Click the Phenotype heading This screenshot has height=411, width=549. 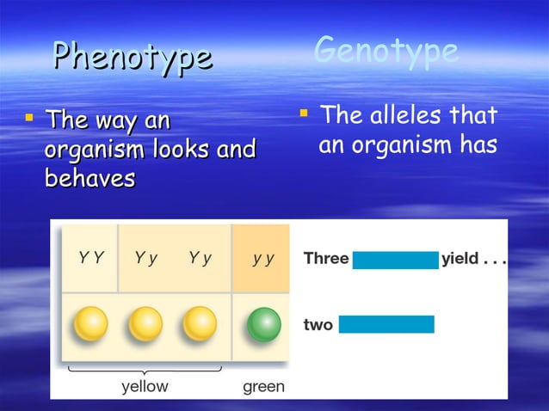(132, 58)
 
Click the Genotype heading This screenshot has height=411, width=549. (386, 51)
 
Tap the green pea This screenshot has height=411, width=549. (264, 324)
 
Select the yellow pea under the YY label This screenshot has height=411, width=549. (90, 324)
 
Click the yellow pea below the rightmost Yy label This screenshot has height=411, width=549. (200, 324)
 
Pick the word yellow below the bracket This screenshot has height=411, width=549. (145, 387)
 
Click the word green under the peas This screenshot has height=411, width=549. (263, 387)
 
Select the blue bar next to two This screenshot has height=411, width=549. (386, 325)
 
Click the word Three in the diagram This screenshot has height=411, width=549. (326, 259)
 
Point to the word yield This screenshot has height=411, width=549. (460, 259)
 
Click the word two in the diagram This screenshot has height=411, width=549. (318, 325)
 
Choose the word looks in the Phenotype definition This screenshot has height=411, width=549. (183, 150)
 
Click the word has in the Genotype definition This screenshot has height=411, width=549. (478, 145)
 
